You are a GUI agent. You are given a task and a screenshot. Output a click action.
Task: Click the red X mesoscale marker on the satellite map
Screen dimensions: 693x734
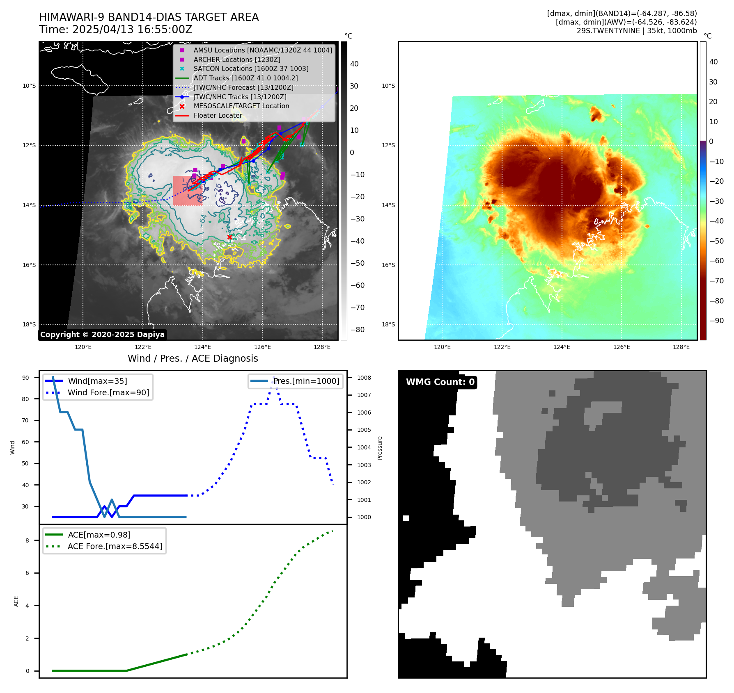tap(229, 237)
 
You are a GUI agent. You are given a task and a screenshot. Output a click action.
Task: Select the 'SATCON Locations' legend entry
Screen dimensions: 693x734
tap(251, 68)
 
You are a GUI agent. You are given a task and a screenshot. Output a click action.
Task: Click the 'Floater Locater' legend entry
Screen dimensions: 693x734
tap(218, 115)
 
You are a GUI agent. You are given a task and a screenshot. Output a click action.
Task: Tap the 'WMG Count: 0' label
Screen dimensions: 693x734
tap(440, 382)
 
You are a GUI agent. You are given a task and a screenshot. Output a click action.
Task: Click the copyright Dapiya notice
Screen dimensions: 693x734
tap(102, 335)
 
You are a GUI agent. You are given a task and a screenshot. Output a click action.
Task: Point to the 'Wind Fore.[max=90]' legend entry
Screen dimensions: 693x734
tap(108, 392)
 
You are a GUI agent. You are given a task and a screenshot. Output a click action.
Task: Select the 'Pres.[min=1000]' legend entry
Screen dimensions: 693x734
tap(306, 381)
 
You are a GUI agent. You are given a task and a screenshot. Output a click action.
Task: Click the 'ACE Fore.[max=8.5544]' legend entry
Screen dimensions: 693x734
tap(115, 546)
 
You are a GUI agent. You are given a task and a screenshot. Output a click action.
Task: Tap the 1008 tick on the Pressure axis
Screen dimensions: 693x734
tap(364, 378)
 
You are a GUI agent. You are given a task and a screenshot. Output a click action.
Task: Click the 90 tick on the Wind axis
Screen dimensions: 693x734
tap(25, 378)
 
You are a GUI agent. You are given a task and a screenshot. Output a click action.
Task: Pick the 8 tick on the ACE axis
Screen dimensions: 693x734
tap(27, 540)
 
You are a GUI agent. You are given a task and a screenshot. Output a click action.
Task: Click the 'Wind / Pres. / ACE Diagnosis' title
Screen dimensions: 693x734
tap(193, 358)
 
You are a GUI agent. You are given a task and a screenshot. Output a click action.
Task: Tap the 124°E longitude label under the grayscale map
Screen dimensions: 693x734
tap(203, 347)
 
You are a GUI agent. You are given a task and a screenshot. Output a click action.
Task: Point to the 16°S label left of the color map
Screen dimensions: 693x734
tap(388, 265)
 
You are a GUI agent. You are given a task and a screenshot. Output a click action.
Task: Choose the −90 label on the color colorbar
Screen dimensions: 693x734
tap(717, 321)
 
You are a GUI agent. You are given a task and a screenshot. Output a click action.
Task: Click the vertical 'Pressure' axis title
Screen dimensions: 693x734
tap(380, 448)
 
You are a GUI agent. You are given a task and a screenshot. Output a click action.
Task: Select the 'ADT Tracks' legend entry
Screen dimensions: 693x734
tap(245, 78)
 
